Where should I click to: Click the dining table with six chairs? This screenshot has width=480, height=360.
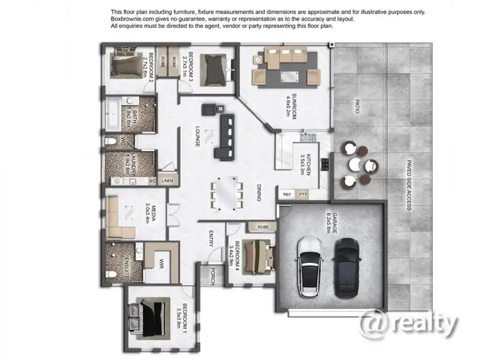[x=228, y=192]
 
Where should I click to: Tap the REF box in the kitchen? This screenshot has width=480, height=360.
[x=286, y=193]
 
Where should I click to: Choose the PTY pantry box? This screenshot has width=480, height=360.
[x=303, y=193]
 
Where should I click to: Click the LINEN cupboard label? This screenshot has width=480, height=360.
[x=167, y=181]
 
